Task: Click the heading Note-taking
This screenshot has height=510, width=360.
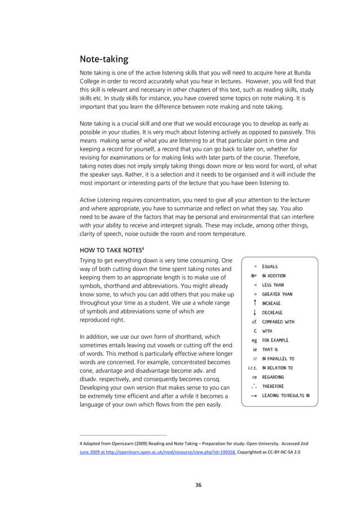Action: pos(104,59)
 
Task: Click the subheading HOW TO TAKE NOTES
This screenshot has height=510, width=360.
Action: pos(109,249)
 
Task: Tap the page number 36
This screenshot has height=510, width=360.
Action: pos(199,485)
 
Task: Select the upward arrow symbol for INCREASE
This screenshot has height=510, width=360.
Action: pos(256,303)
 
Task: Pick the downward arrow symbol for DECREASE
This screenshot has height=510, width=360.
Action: pos(256,312)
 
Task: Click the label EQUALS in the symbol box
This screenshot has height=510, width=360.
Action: pos(270,267)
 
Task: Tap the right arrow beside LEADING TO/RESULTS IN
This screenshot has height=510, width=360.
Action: pos(254,396)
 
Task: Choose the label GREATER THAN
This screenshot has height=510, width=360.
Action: pos(277,294)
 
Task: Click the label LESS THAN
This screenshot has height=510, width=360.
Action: pos(273,285)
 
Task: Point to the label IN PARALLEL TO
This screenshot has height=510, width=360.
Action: pos(278,359)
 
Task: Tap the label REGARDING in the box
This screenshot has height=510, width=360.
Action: pos(273,377)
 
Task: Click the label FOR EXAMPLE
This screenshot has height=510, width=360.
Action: pos(275,340)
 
